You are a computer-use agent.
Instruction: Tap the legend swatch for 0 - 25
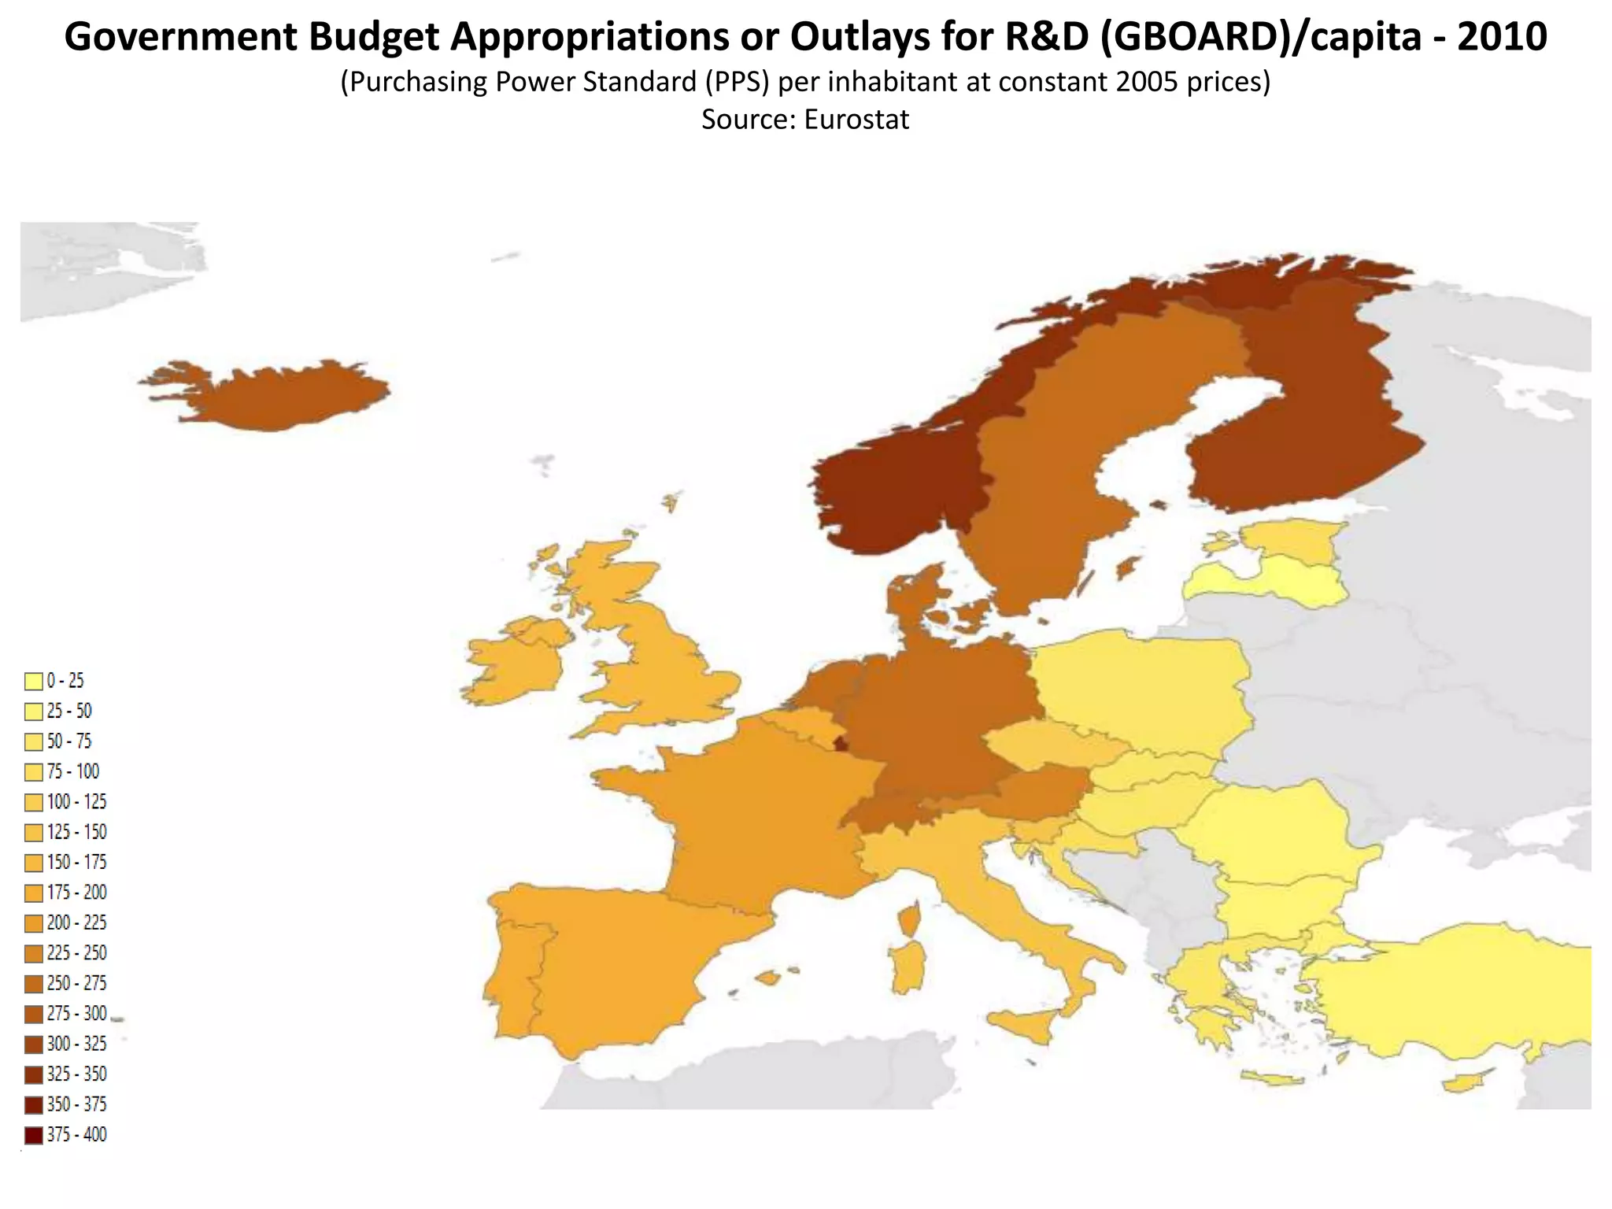(33, 681)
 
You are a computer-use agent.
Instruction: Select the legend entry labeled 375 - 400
(76, 1135)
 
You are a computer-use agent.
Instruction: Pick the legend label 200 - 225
(76, 922)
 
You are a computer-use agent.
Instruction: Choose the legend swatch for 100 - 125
(33, 802)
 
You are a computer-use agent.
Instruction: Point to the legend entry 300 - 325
(76, 1044)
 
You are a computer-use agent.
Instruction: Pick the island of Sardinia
(907, 968)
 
